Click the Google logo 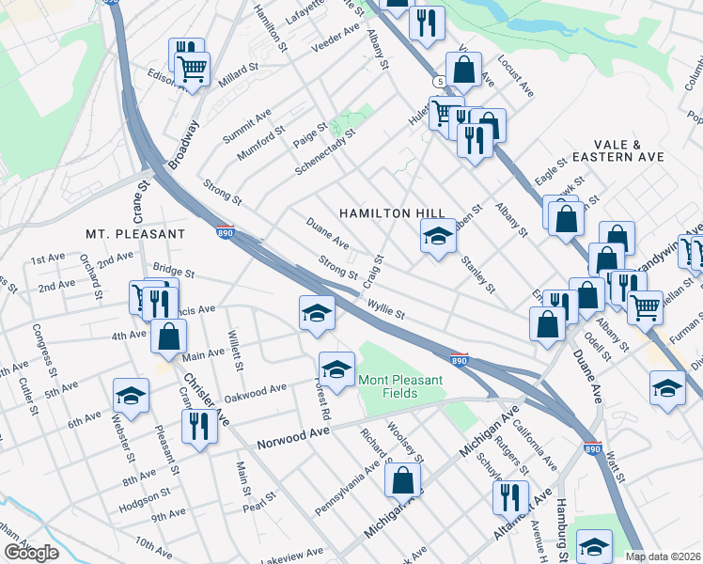point(31,553)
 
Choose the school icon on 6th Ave point(132,396)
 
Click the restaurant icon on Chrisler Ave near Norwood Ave point(199,423)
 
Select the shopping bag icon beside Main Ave point(168,337)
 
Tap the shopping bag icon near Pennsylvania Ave point(403,480)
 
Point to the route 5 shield point(440,82)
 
